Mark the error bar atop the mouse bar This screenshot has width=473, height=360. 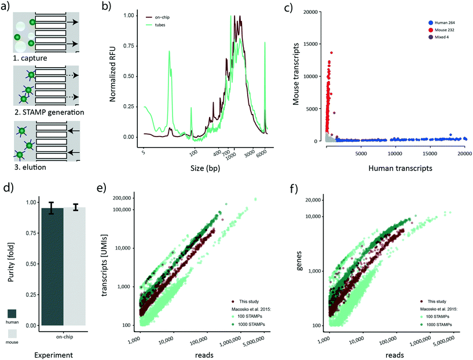click(74, 207)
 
